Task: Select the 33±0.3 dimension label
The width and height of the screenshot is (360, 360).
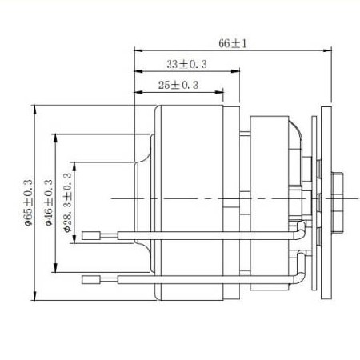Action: (186, 64)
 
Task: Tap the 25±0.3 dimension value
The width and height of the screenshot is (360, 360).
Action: (177, 84)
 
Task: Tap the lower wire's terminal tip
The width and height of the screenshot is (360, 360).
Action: (87, 279)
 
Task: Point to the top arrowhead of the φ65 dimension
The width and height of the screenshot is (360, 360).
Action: (35, 106)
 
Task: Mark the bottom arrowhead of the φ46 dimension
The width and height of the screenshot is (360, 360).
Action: (55, 269)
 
